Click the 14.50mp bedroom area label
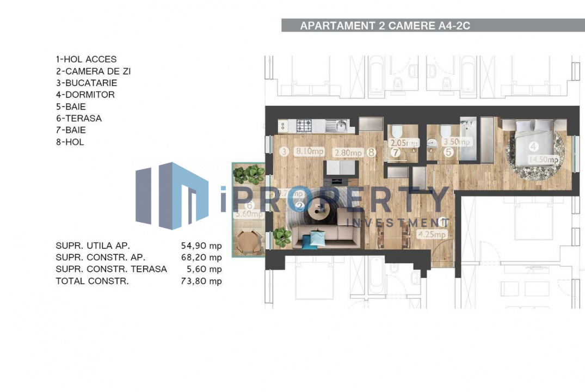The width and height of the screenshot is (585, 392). [x=546, y=160]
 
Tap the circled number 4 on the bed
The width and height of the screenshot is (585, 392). [x=533, y=146]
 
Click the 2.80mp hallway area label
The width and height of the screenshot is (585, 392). [x=348, y=153]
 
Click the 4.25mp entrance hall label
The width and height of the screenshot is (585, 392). [x=432, y=235]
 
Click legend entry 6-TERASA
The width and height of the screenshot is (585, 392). [x=78, y=118]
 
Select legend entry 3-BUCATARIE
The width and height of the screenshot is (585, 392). [x=86, y=83]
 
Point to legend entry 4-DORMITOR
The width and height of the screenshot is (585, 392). [x=85, y=95]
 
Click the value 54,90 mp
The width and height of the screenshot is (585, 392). [x=201, y=246]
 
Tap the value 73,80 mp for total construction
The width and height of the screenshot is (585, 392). [x=201, y=281]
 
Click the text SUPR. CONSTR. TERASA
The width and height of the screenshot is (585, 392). [x=111, y=269]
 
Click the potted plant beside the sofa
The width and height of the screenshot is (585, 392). [x=282, y=235]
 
